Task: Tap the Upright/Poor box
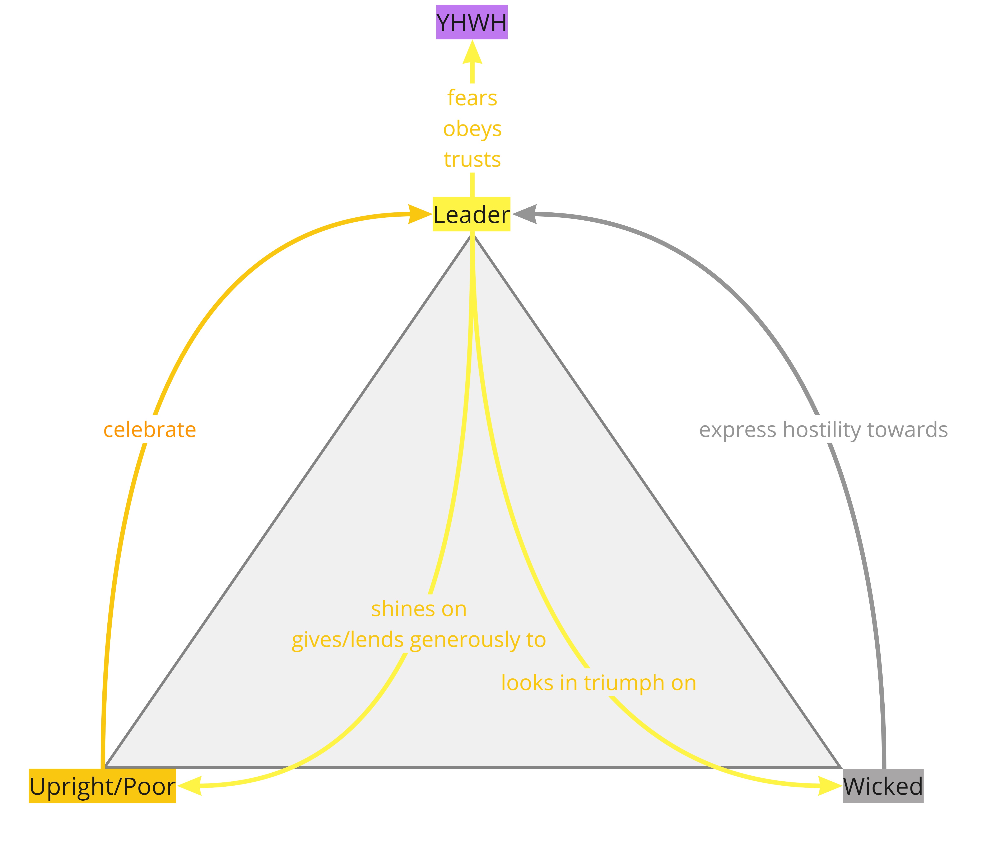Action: [x=102, y=786]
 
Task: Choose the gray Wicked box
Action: [x=883, y=786]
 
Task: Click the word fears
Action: [x=472, y=98]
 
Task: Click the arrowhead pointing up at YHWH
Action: [x=472, y=52]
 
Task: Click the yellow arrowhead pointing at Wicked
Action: [x=830, y=786]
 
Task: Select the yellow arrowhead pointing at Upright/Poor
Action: [x=189, y=786]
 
